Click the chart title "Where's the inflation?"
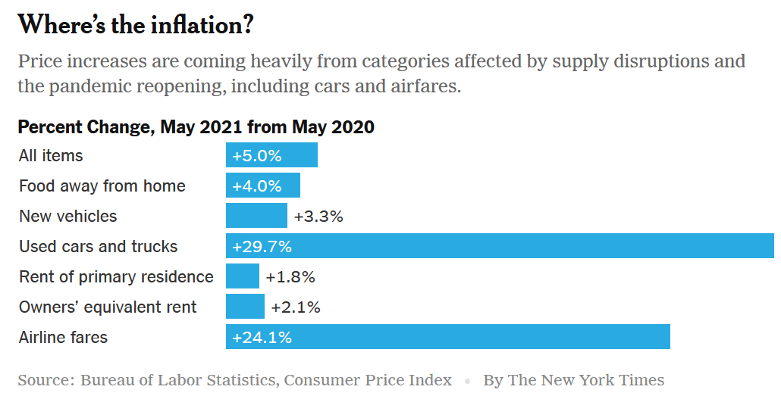tap(135, 25)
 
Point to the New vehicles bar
tap(256, 216)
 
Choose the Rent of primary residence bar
tap(243, 276)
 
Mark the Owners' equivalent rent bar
tap(245, 307)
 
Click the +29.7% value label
tap(262, 246)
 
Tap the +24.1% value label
tap(262, 337)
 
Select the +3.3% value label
tap(318, 217)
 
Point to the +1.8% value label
tap(290, 277)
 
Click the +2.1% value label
tap(296, 307)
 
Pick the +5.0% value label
tap(257, 156)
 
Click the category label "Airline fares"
tap(63, 337)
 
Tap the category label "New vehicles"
tap(68, 216)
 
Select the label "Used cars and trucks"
tap(98, 246)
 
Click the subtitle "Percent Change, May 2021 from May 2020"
tap(196, 126)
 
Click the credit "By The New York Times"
tap(573, 380)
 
